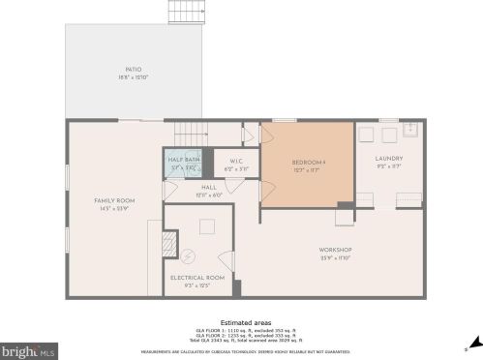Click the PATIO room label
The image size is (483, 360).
pos(134,70)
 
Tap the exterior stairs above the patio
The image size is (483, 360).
pos(181,12)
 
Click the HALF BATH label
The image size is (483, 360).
pos(184,159)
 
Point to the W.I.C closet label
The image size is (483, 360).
pos(235,161)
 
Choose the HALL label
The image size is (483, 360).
pos(209,187)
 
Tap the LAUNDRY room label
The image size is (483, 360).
pos(388,159)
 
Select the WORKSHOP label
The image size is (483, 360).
pos(335,250)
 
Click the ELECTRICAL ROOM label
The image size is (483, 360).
pos(197,278)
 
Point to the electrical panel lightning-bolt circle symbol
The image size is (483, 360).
pos(189,256)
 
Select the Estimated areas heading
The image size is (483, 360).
pos(245,321)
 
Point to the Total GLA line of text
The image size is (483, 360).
pos(245,341)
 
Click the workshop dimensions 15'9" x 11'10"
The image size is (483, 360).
pos(335,257)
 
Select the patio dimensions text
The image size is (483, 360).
pos(134,77)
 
